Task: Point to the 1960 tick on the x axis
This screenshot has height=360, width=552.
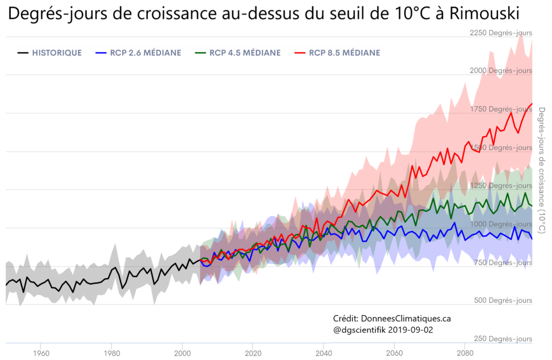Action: [x=41, y=353]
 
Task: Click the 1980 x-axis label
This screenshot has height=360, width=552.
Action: [x=112, y=353]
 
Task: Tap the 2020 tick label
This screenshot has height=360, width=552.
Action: [x=253, y=353]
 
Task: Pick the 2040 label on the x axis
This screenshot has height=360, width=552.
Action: [x=323, y=353]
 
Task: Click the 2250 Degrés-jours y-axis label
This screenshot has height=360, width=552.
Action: [x=501, y=33]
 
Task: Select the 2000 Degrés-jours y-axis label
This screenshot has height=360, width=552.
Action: [x=501, y=71]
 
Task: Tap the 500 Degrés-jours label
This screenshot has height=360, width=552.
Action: [x=505, y=300]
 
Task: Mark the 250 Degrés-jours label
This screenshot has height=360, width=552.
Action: [x=505, y=338]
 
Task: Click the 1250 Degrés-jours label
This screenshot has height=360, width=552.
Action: [x=501, y=185]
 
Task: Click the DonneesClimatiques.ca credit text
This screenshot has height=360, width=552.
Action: [x=406, y=319]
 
